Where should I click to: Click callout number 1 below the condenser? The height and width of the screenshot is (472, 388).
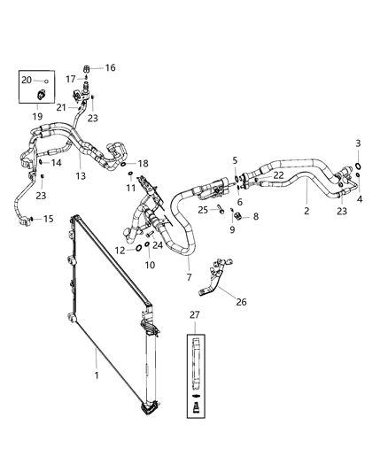tap(95, 375)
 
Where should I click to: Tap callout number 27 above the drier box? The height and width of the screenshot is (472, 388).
tap(195, 314)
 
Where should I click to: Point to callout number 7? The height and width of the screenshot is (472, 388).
tap(189, 277)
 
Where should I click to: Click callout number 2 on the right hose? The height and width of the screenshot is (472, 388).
tap(307, 212)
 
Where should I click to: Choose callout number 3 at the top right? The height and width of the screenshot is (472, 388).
tap(358, 143)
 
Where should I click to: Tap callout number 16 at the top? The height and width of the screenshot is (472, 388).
tap(111, 67)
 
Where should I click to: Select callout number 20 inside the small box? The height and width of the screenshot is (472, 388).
tap(26, 80)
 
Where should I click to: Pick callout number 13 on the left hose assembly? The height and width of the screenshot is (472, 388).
tap(81, 176)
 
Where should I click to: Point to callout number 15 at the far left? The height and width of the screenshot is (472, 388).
tap(48, 219)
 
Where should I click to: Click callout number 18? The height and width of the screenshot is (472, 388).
tap(143, 163)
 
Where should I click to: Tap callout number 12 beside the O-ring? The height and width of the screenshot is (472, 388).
tap(119, 250)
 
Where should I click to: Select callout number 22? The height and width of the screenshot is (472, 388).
tap(277, 175)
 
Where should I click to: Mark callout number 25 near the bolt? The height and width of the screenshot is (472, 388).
tap(202, 210)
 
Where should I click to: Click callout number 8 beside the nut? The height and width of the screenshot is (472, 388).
tap(255, 215)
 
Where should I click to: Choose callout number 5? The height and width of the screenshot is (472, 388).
tap(235, 159)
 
